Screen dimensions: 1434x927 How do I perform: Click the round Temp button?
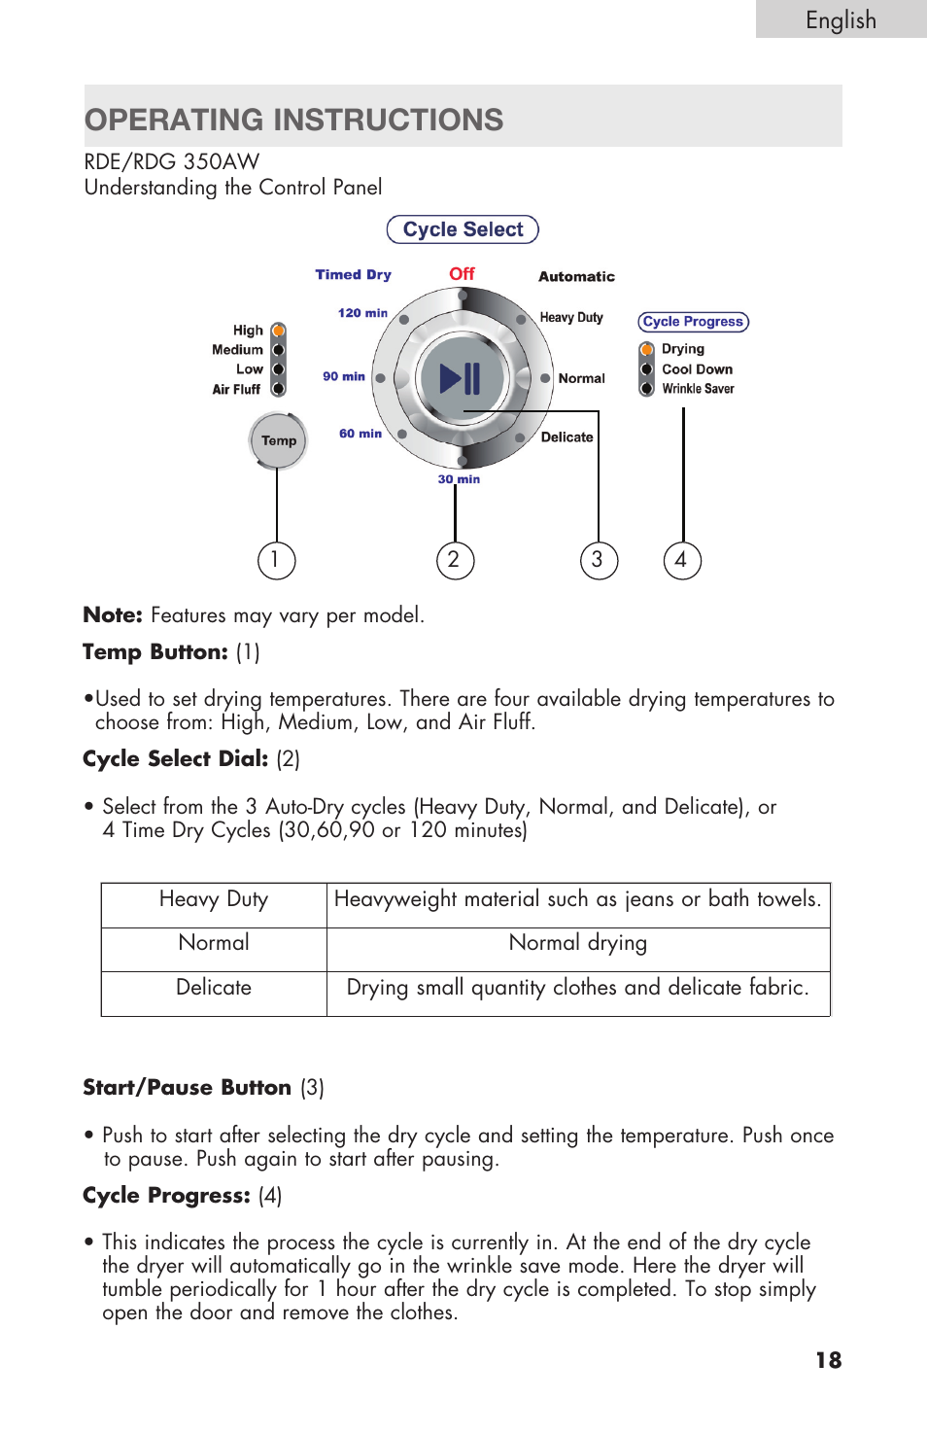278,440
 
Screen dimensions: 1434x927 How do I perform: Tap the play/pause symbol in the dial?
461,378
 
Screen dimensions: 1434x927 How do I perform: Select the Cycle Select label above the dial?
463,229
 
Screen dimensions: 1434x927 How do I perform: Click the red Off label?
462,274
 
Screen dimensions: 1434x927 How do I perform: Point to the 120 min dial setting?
362,313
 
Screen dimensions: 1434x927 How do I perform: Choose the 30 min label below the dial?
459,479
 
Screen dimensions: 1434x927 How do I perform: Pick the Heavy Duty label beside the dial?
571,318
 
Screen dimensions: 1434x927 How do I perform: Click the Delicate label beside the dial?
566,437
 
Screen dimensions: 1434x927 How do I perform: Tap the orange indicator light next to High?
278,331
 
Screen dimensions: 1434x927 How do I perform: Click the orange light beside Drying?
646,349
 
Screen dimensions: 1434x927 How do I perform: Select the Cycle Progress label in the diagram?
693,322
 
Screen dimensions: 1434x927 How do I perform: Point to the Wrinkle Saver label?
698,389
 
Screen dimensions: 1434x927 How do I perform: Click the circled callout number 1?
276,560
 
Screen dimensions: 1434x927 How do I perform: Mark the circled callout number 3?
599,560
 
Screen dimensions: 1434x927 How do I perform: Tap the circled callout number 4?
682,560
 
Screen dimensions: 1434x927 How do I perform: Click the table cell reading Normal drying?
577,943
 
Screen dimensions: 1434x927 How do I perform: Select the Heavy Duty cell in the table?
214,899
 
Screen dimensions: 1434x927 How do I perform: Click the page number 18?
828,1360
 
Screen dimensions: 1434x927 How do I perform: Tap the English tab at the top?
841,20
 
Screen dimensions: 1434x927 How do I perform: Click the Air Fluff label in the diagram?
236,390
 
